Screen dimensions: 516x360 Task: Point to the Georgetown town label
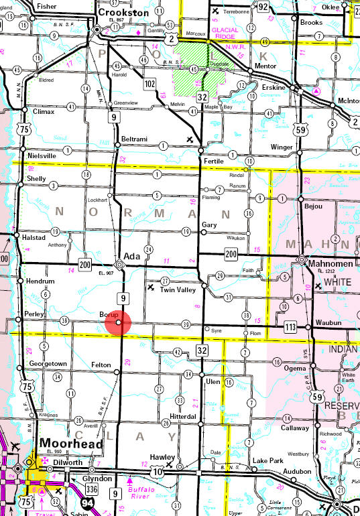pos(48,364)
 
